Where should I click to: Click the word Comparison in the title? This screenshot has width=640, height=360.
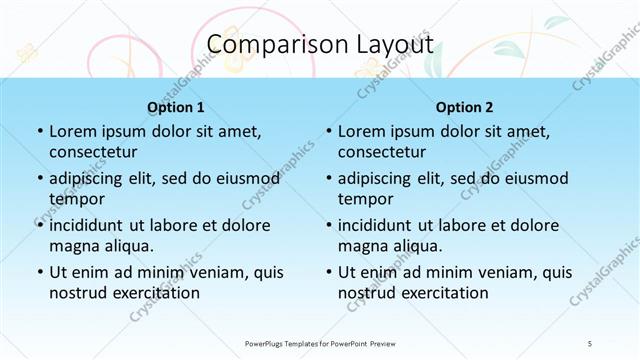tap(270, 45)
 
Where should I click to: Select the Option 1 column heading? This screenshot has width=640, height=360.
tap(176, 107)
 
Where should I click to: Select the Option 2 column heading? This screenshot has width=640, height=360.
tap(464, 107)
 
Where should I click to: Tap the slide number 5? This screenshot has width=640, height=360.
tap(590, 343)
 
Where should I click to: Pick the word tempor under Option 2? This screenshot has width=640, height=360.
tap(366, 198)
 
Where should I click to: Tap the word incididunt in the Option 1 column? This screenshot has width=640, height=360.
tap(92, 225)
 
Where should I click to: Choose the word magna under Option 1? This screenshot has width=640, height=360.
tap(73, 245)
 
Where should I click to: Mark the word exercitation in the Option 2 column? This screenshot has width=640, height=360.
tap(441, 293)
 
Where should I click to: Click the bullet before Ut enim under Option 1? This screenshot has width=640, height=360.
tap(39, 272)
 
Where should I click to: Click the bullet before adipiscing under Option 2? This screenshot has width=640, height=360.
tap(328, 179)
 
